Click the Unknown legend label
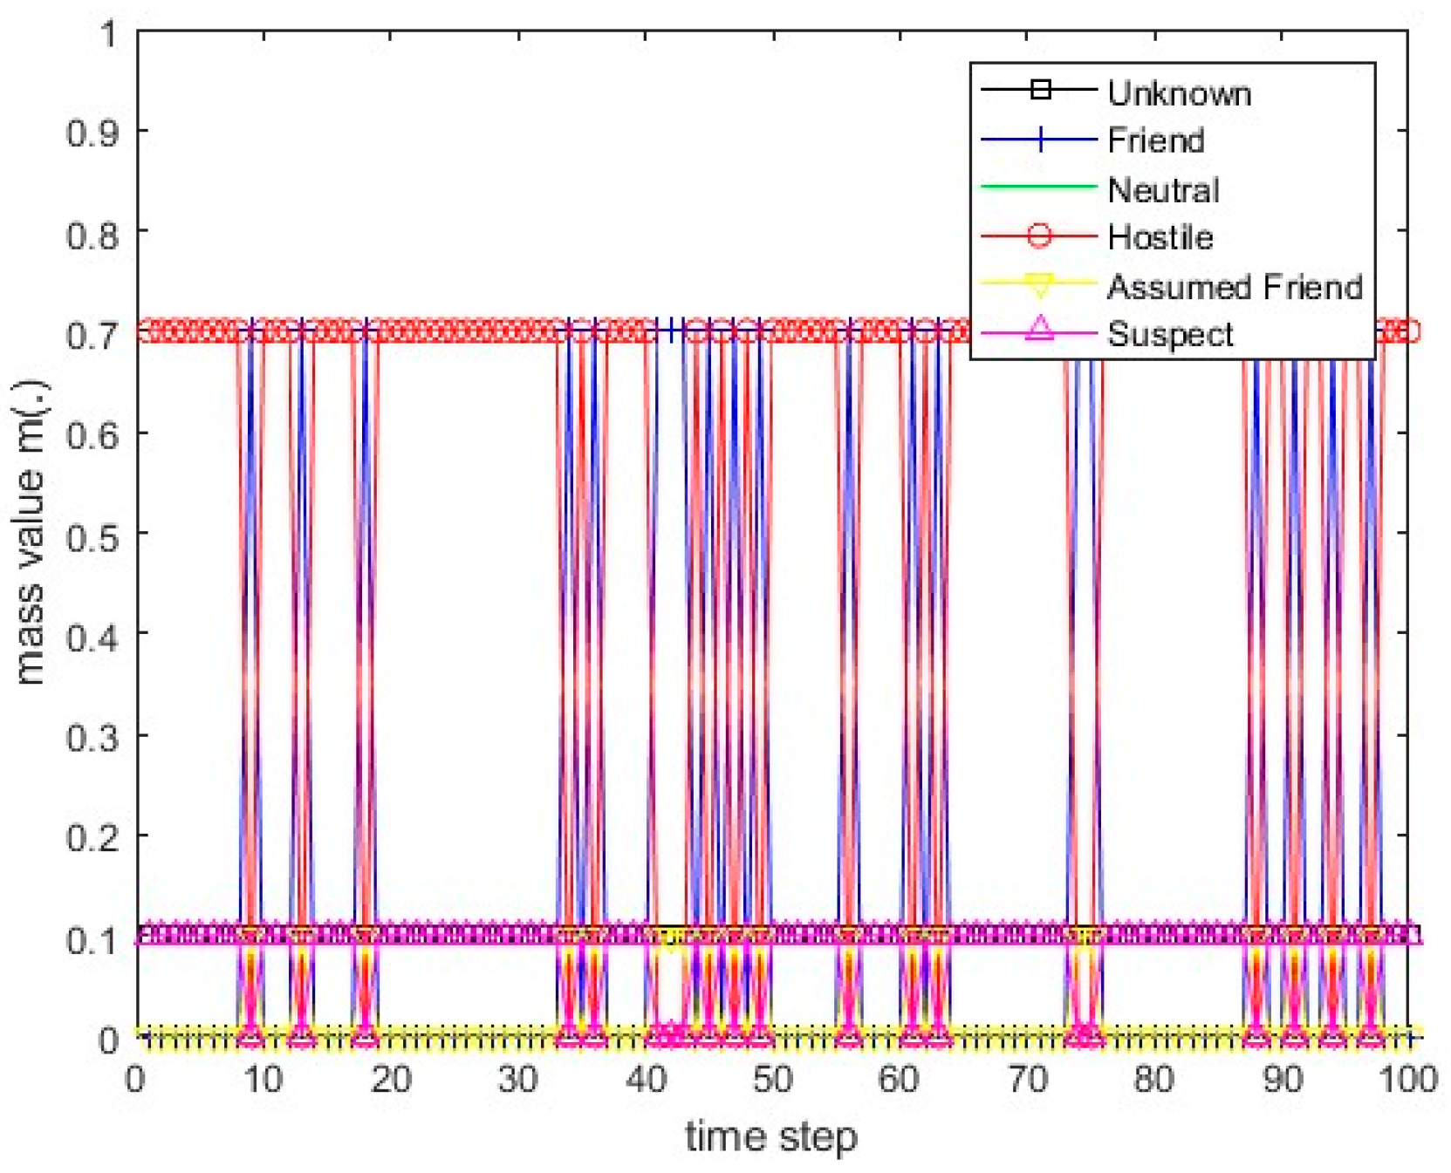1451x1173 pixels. click(1178, 92)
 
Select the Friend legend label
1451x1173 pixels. click(1155, 140)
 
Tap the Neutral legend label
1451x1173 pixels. click(1162, 189)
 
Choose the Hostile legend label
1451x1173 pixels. click(1160, 237)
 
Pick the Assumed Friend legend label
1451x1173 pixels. click(1234, 286)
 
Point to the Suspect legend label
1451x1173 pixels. click(1169, 334)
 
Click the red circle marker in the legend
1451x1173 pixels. click(1038, 235)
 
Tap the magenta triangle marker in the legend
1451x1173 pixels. click(1038, 331)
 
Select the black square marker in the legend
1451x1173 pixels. click(1038, 90)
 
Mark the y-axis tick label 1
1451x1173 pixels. click(108, 34)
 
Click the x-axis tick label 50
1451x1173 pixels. click(771, 1080)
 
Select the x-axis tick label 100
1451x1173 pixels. click(1407, 1080)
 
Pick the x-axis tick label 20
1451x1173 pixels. click(390, 1080)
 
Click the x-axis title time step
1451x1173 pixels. click(771, 1137)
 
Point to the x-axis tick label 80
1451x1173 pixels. click(1153, 1080)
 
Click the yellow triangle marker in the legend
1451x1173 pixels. click(1038, 284)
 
